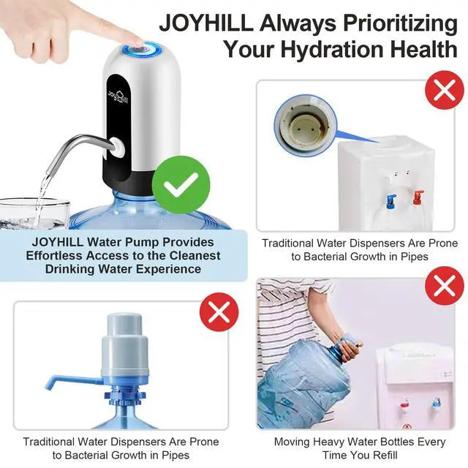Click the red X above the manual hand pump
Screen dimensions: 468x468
point(219,314)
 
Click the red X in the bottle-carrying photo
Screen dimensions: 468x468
point(444,286)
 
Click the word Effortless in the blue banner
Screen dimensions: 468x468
point(61,256)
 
